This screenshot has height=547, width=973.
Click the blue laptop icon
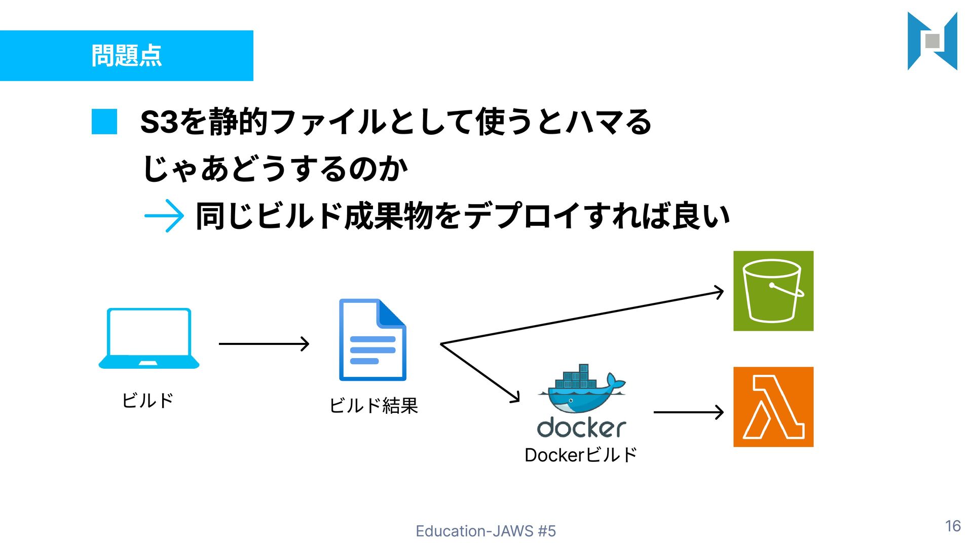click(x=148, y=338)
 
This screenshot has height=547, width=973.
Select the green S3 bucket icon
click(x=773, y=291)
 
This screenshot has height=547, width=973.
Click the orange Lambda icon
click(x=773, y=407)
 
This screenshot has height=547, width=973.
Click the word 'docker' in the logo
click(x=581, y=427)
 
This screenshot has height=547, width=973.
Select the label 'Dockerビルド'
click(x=581, y=455)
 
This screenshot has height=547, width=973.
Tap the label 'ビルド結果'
click(x=373, y=405)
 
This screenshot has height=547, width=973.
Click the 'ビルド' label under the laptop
click(x=147, y=400)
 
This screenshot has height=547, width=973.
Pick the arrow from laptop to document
click(x=264, y=344)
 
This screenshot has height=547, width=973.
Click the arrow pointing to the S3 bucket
click(x=583, y=318)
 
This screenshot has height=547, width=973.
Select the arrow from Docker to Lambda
click(x=688, y=412)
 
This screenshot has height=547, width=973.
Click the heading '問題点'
click(x=127, y=55)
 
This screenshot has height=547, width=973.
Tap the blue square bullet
click(x=104, y=122)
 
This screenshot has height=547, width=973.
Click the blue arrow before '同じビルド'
click(x=164, y=216)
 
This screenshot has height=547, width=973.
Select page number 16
click(x=953, y=526)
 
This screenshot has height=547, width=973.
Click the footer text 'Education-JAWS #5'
click(x=485, y=531)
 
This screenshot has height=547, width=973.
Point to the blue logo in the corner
click(x=932, y=41)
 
